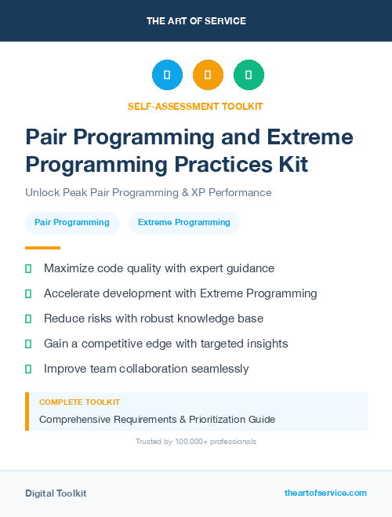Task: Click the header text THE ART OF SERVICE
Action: tap(196, 20)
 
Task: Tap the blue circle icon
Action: tap(167, 75)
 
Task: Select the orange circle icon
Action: tap(208, 75)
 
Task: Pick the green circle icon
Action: tap(249, 75)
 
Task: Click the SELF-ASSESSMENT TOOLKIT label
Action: tap(195, 106)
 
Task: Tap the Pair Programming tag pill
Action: tap(72, 223)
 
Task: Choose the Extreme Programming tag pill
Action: tap(184, 223)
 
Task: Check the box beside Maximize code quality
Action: tap(28, 268)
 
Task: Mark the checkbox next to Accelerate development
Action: tap(28, 293)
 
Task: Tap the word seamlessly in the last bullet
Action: tap(214, 369)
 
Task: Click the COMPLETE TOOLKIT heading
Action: tap(79, 402)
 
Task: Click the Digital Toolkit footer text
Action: tap(56, 493)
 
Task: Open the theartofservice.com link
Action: tap(325, 493)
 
